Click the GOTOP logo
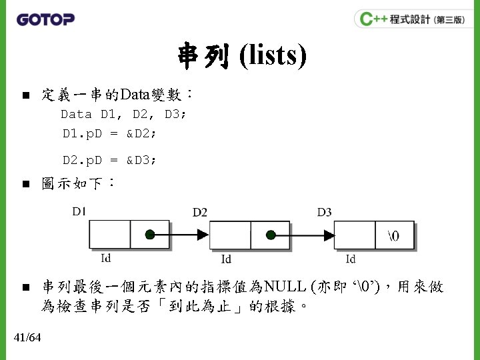pyautogui.click(x=45, y=19)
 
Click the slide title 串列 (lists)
pyautogui.click(x=241, y=56)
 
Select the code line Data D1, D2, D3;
pyautogui.click(x=124, y=114)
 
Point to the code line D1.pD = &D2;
pyautogui.click(x=110, y=133)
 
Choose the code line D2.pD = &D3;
pyautogui.click(x=110, y=160)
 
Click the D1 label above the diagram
pyautogui.click(x=79, y=211)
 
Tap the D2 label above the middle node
pyautogui.click(x=200, y=212)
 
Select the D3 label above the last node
pyautogui.click(x=324, y=212)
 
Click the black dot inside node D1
pyautogui.click(x=151, y=235)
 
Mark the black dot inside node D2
pyautogui.click(x=271, y=235)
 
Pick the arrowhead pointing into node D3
pyautogui.click(x=325, y=235)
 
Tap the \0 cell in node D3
pyautogui.click(x=393, y=235)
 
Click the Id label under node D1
pyautogui.click(x=106, y=257)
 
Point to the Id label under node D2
pyautogui.click(x=227, y=259)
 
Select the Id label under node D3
pyautogui.click(x=351, y=259)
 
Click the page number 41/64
pyautogui.click(x=27, y=338)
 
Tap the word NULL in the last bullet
pyautogui.click(x=284, y=287)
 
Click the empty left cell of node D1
pyautogui.click(x=110, y=235)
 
